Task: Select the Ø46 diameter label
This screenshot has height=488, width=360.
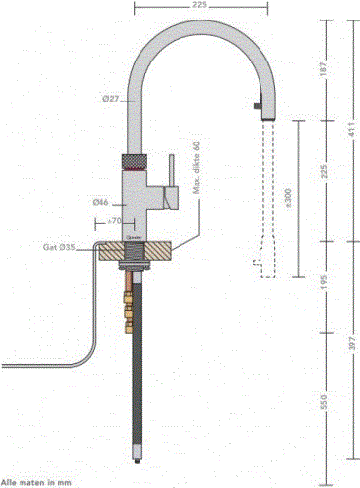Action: coord(100,202)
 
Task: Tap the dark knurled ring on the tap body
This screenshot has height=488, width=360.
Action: coord(135,158)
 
